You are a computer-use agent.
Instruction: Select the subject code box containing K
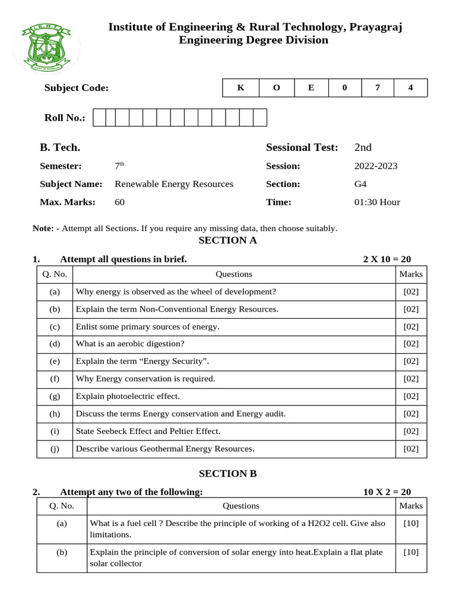(x=240, y=88)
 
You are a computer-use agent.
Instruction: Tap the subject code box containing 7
(x=376, y=88)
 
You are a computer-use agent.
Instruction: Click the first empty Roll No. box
(x=100, y=118)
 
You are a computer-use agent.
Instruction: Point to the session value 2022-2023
(x=376, y=166)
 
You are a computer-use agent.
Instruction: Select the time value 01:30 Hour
(x=377, y=202)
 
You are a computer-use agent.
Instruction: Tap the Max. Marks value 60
(x=119, y=202)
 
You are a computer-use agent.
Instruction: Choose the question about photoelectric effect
(x=128, y=396)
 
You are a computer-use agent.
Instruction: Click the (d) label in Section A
(x=55, y=344)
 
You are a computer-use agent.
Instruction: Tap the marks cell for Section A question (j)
(x=411, y=449)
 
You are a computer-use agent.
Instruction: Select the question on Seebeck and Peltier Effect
(x=148, y=431)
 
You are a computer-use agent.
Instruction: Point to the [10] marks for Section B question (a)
(x=411, y=523)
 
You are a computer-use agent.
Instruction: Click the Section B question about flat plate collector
(x=236, y=558)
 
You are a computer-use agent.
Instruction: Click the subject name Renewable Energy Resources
(x=174, y=184)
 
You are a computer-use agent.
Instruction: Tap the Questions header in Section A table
(x=234, y=274)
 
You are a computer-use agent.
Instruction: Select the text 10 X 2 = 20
(x=387, y=492)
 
